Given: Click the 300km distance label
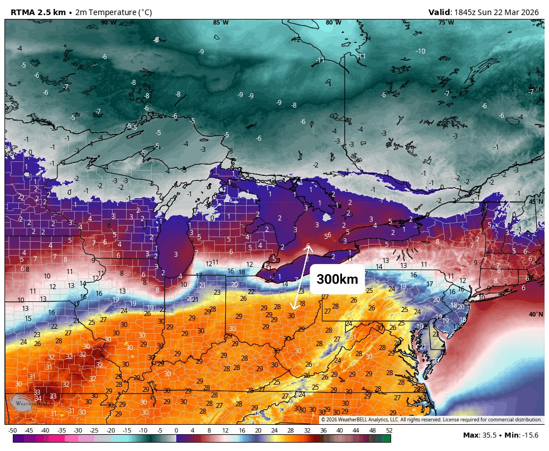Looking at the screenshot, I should [x=337, y=280].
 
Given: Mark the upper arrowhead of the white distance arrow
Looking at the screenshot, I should [x=308, y=246].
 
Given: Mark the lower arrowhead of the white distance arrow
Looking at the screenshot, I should [x=294, y=308].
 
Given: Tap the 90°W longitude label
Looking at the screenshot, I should [x=108, y=23].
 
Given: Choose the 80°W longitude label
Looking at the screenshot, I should [x=333, y=23].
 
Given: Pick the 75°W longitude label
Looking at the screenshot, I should [x=445, y=23].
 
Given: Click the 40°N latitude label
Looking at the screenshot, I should [x=536, y=315].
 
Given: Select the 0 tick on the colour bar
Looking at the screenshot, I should [x=176, y=430].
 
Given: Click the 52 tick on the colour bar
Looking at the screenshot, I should [x=389, y=430].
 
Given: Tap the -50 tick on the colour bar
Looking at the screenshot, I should [x=12, y=430].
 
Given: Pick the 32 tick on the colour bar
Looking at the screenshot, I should [x=307, y=430].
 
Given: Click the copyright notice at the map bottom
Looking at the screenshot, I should [x=431, y=420].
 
